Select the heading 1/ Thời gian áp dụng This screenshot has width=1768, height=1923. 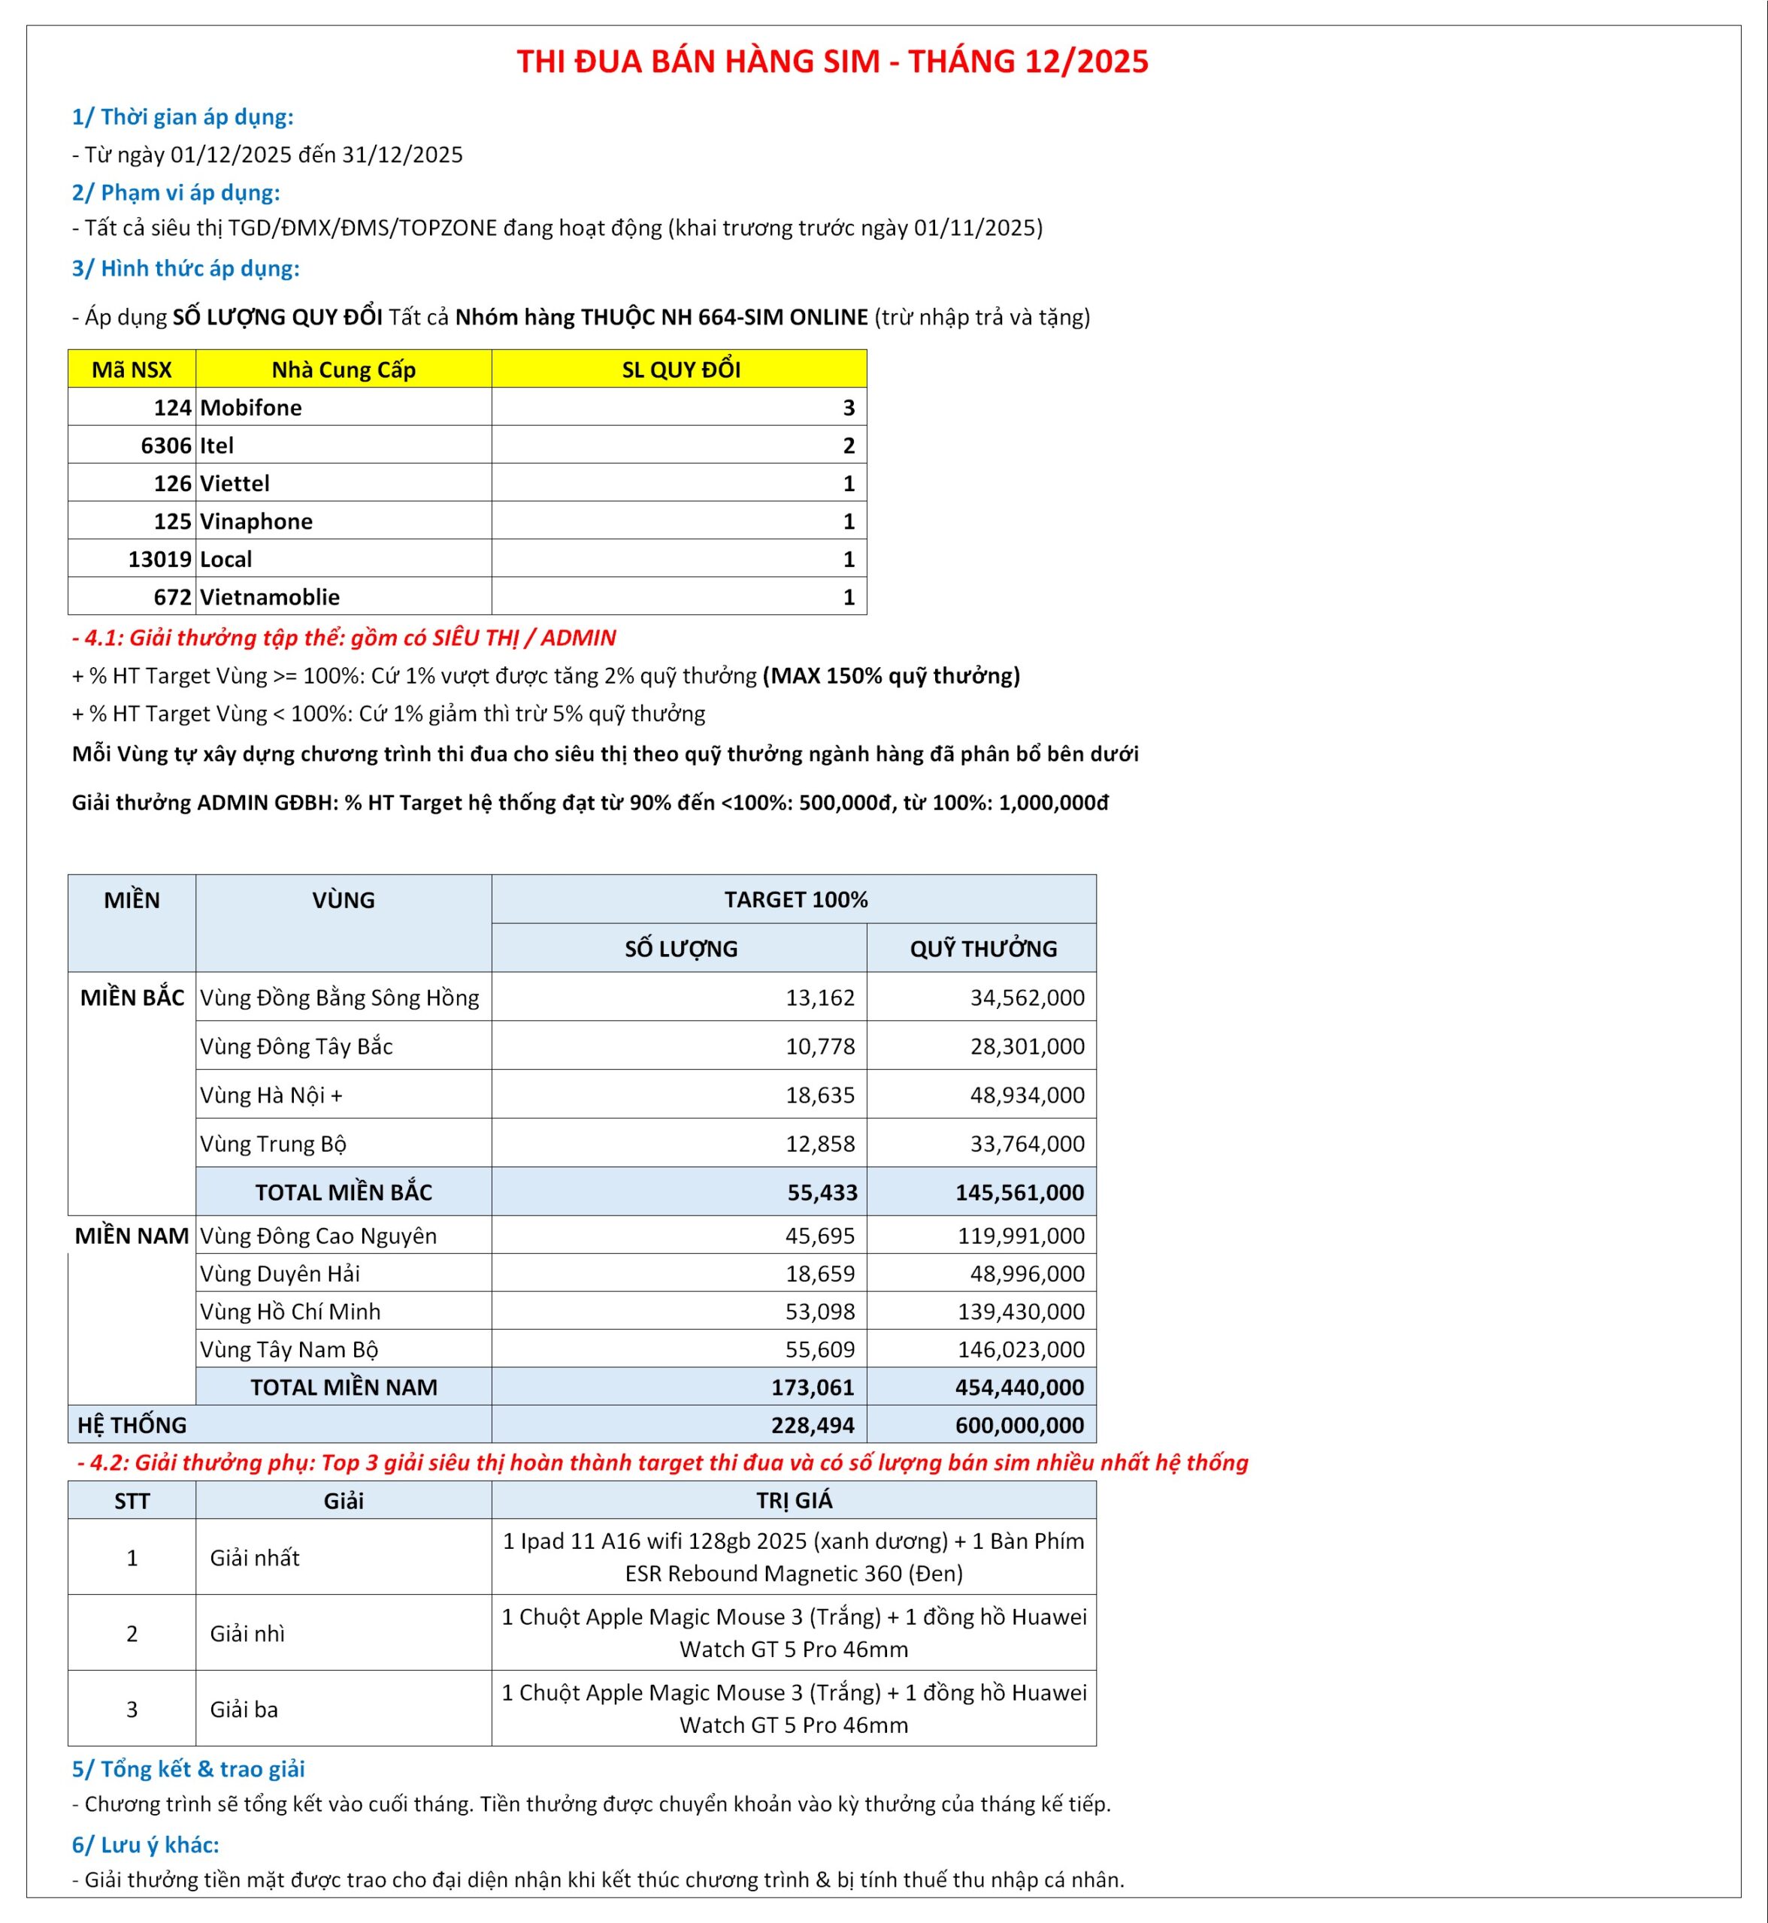coord(183,116)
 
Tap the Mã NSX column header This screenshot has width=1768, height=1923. coord(132,369)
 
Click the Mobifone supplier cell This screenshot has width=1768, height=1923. coord(250,407)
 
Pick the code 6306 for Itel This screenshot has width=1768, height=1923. coord(165,445)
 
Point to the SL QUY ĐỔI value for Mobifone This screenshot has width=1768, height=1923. coord(848,407)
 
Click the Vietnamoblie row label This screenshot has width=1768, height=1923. coord(270,596)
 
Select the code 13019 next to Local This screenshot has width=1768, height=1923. coord(160,560)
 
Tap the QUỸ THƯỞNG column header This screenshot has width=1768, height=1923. coord(982,949)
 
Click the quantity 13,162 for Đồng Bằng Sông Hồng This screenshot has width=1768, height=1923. coord(820,998)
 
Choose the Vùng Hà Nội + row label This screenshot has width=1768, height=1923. coord(271,1095)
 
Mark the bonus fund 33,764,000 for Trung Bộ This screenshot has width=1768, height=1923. coord(1027,1144)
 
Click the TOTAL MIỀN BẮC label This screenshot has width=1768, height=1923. coord(344,1192)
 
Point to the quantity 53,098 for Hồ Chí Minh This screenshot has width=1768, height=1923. coord(820,1311)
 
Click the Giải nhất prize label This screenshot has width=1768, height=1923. coord(255,1558)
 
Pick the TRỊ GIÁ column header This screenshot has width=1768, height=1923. coord(794,1500)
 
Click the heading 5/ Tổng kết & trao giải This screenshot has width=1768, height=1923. coord(189,1769)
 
